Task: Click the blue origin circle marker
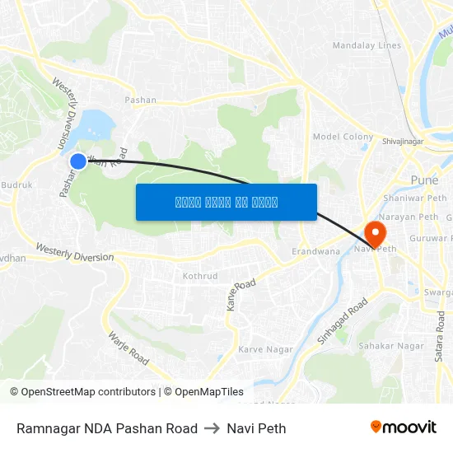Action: pyautogui.click(x=78, y=161)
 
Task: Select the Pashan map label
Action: pyautogui.click(x=140, y=100)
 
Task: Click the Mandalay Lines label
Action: pyautogui.click(x=367, y=45)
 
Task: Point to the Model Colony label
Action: pyautogui.click(x=343, y=137)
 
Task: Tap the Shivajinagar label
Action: pyautogui.click(x=402, y=141)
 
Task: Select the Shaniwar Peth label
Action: pyautogui.click(x=415, y=198)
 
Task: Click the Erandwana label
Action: pyautogui.click(x=316, y=251)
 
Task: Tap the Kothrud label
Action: pyautogui.click(x=199, y=276)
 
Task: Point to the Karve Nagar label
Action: pyautogui.click(x=265, y=349)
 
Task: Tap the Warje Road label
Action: pyautogui.click(x=128, y=348)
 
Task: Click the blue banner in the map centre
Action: pyautogui.click(x=226, y=202)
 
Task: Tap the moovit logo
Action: pyautogui.click(x=403, y=427)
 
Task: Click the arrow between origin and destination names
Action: pyautogui.click(x=212, y=428)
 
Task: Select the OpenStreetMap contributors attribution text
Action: pyautogui.click(x=82, y=392)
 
